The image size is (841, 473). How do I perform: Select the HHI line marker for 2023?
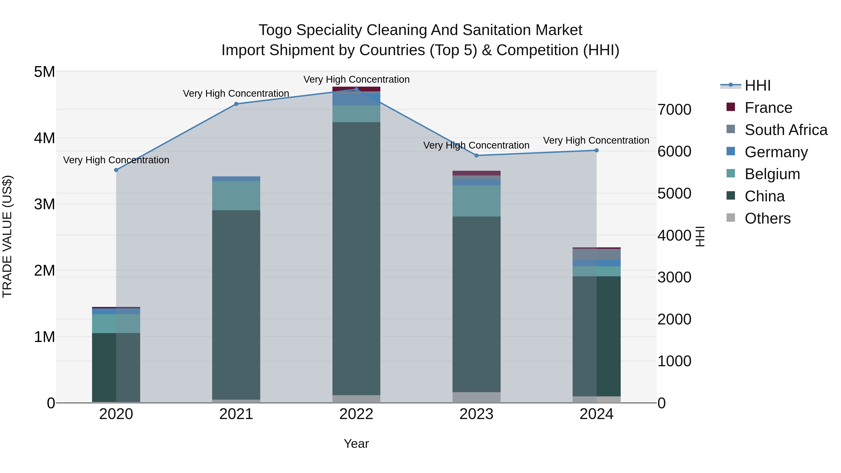(x=476, y=155)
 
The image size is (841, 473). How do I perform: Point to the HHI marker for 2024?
(x=596, y=150)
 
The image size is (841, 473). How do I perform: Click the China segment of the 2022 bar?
(x=356, y=258)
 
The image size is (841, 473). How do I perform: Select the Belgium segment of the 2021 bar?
(x=236, y=196)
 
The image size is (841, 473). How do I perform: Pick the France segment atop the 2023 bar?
(x=476, y=173)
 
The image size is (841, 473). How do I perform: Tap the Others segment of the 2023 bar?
(x=476, y=397)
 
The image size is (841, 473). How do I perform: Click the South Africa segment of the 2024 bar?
(x=596, y=254)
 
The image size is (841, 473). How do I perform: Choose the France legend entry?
(x=768, y=108)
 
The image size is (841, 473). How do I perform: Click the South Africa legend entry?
(x=786, y=130)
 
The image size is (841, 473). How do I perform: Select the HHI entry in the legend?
(x=757, y=85)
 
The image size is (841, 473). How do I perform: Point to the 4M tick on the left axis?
(x=44, y=138)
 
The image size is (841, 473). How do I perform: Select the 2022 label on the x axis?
(x=356, y=414)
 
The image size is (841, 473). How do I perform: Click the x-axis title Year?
(x=356, y=444)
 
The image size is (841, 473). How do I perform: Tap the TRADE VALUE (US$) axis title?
(x=7, y=237)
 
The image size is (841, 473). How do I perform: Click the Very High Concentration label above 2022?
(x=356, y=79)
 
